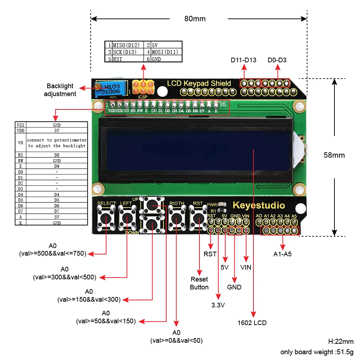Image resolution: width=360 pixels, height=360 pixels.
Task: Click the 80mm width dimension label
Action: (195, 19)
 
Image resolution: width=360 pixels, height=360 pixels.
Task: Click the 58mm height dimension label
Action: (334, 155)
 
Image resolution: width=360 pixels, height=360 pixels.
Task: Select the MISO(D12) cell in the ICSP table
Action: (126, 45)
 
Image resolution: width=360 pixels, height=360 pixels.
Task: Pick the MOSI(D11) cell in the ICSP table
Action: (165, 52)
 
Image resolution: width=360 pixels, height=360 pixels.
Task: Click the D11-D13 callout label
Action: (243, 60)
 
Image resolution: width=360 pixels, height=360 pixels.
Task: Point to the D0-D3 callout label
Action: (277, 60)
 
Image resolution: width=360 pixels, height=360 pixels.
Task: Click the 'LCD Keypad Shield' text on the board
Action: (199, 84)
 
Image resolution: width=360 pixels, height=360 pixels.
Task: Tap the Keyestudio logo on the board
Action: (258, 206)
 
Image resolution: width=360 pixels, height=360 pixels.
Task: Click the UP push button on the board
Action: (153, 206)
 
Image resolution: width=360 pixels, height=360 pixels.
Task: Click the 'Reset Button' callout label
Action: (199, 283)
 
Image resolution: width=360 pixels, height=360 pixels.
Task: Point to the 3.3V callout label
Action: (218, 305)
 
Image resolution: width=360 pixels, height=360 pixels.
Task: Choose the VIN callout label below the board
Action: (246, 267)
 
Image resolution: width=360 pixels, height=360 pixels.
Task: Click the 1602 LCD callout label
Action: (252, 323)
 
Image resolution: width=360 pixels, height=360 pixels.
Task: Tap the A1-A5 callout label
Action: (282, 254)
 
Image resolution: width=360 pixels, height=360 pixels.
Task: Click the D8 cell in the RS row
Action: (57, 155)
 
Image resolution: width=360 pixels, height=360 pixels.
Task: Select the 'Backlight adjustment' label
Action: (60, 90)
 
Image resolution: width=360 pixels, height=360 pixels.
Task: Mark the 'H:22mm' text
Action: (341, 342)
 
